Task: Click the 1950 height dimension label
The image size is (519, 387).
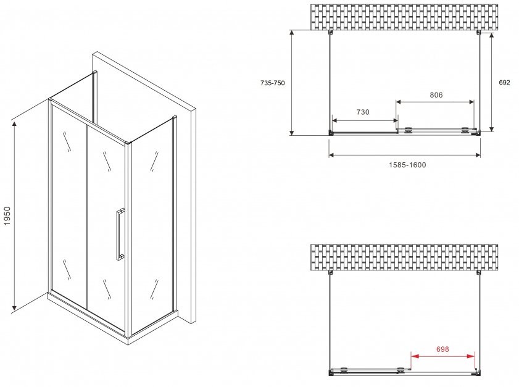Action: (7, 216)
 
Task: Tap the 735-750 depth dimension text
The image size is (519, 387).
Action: (272, 83)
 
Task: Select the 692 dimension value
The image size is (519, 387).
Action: (504, 83)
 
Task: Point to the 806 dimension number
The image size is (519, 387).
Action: (436, 95)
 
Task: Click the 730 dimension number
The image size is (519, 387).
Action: (363, 112)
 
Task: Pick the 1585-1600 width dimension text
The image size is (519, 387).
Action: (407, 165)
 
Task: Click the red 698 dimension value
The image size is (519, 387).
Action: (442, 349)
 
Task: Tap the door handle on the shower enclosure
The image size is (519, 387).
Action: (120, 235)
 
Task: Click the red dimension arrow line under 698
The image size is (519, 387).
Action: (442, 356)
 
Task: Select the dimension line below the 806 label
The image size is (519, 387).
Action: (435, 102)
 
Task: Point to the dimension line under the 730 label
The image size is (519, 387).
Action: (365, 120)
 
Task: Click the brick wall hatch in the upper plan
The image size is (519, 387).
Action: (404, 17)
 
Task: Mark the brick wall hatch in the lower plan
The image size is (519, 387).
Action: (404, 257)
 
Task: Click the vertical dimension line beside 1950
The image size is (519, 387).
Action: (14, 216)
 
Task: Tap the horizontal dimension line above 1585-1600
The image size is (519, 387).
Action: (404, 154)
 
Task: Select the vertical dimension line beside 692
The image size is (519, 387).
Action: (491, 81)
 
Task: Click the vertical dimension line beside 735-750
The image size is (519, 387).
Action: (292, 83)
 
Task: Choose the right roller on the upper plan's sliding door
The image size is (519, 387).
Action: (465, 130)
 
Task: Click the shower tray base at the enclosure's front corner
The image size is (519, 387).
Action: (128, 339)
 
